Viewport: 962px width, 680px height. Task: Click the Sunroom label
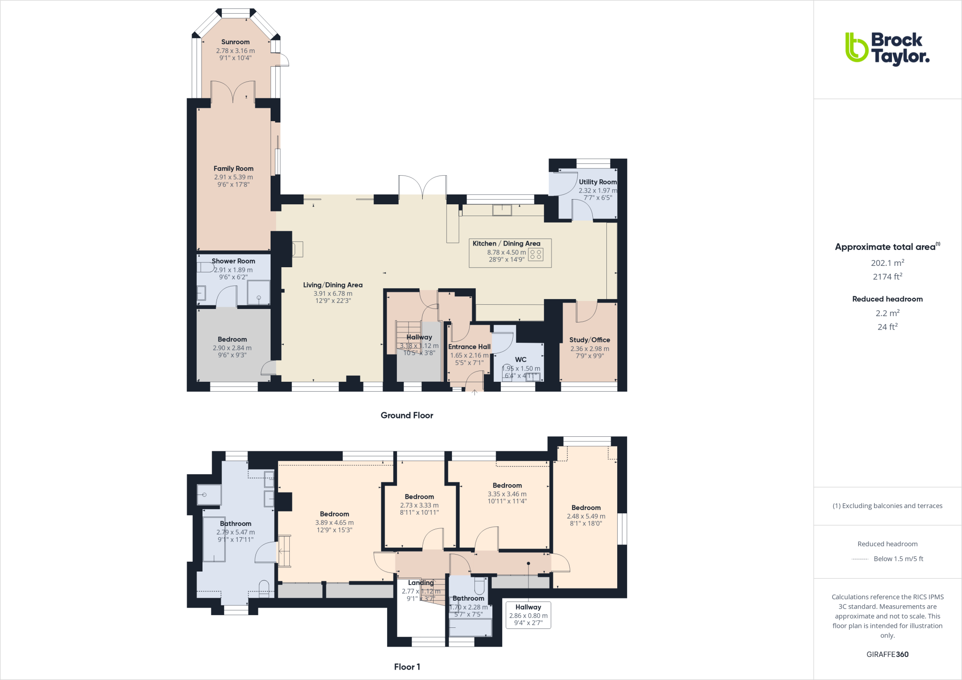coord(235,42)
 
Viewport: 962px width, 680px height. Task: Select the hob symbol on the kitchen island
coord(535,255)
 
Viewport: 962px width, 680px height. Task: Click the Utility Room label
coord(597,182)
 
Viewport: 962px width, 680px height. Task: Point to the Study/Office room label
coord(590,340)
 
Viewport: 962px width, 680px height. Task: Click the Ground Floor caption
coord(407,415)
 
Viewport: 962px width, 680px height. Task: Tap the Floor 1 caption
coord(407,667)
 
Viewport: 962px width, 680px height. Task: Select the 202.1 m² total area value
coord(887,263)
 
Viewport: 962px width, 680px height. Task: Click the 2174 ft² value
coord(887,277)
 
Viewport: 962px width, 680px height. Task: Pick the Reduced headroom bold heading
coord(887,299)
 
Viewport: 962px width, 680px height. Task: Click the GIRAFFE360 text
coord(887,654)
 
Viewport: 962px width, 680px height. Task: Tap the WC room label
coord(520,359)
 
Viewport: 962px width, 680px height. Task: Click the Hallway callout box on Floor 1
coord(528,615)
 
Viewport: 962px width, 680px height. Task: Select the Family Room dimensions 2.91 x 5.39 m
coord(233,177)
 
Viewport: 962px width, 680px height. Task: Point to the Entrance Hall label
coord(469,347)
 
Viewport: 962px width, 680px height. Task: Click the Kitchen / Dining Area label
coord(506,243)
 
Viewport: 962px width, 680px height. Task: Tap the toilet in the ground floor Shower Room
coord(205,267)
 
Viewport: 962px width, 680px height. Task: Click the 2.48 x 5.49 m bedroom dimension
coord(586,516)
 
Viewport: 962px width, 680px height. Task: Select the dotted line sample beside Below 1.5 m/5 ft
coord(860,559)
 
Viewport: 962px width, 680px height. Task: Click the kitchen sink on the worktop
coord(502,209)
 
